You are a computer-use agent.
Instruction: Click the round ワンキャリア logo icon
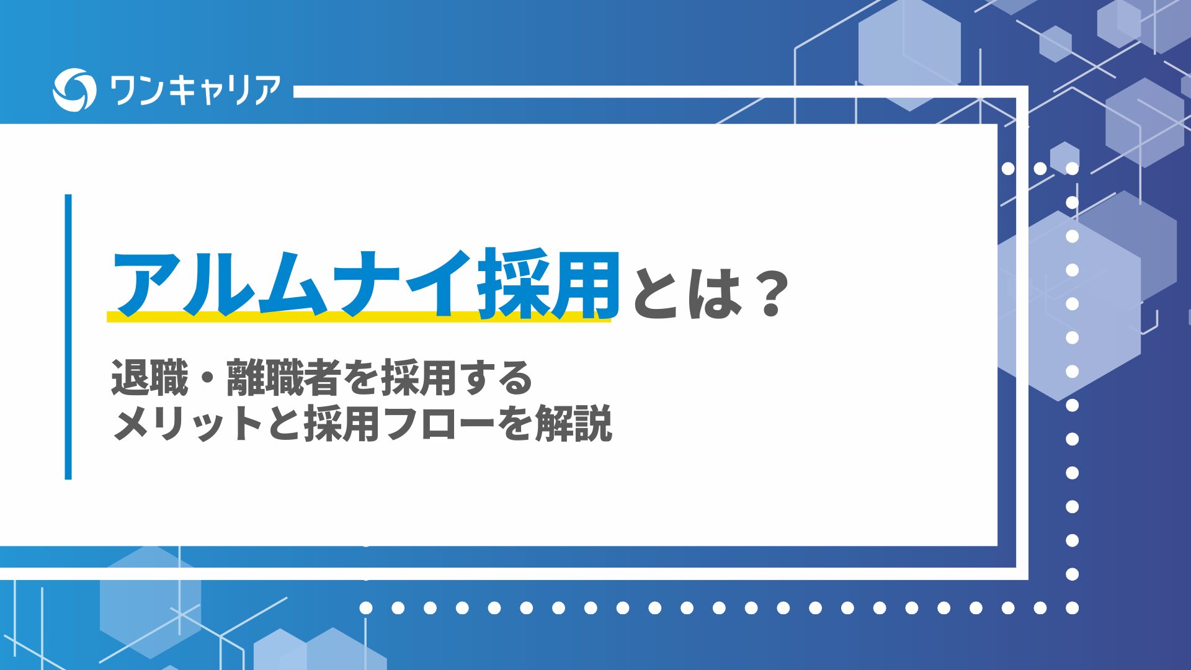pos(74,90)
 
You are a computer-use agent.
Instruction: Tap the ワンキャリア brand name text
pos(195,91)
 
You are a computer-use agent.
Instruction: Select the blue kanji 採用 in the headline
pos(548,284)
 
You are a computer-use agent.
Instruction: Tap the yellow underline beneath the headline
pos(359,316)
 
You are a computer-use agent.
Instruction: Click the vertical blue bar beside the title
pos(68,337)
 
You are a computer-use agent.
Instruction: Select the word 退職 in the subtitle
pos(149,377)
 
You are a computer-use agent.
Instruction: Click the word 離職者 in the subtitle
pos(284,377)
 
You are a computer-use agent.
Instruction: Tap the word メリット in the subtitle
pos(188,424)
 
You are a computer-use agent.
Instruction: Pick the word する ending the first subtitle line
pos(497,378)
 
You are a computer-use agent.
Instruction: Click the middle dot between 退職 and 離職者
pos(207,378)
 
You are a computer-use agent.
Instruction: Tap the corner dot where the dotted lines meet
pos(1072,608)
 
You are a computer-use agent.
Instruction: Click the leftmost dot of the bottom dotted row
pos(366,608)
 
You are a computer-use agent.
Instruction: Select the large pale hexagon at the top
pos(909,55)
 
